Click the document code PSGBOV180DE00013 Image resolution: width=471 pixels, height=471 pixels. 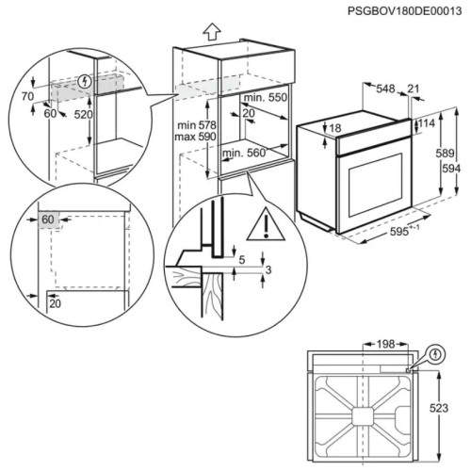pos(404,11)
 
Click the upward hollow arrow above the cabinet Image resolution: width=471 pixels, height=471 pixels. pos(212,32)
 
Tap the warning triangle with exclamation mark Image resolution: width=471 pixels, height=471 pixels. pos(266,224)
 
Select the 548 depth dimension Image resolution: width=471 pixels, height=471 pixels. pos(385,89)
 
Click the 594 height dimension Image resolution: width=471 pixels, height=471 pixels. pos(451,169)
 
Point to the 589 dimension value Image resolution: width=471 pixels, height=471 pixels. pos(445,154)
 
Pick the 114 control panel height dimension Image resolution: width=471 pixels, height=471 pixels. pos(426,123)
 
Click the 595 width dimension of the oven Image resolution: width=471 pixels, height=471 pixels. pos(399,231)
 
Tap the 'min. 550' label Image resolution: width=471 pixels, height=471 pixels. pos(266,97)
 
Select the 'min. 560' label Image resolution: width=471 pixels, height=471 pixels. pos(244,153)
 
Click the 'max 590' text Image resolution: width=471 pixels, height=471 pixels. pos(195,137)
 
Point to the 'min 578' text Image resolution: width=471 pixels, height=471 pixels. pos(197,125)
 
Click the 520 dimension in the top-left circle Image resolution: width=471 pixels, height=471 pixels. pos(84,115)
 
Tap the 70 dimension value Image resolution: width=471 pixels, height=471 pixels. pos(27,96)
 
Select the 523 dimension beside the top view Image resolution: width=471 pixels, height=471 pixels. pos(439,408)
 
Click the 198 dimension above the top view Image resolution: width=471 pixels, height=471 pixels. pos(385,344)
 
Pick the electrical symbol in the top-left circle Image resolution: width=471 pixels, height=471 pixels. pos(84,82)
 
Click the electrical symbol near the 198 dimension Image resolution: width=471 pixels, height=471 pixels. pos(435,355)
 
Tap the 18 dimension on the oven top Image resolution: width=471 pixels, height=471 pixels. pos(335,128)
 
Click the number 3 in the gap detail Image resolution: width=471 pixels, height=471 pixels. pos(268,269)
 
